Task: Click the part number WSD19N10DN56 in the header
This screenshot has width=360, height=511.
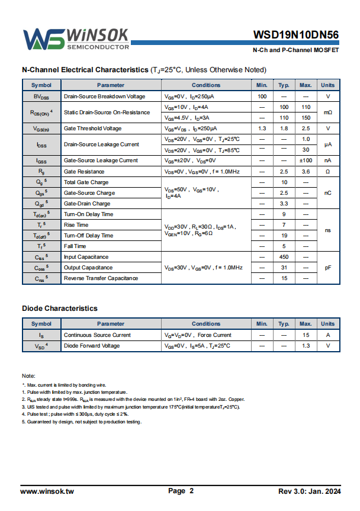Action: click(296, 35)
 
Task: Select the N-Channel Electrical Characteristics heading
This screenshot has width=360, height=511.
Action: click(85, 69)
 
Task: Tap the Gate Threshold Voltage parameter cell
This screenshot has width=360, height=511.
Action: click(92, 128)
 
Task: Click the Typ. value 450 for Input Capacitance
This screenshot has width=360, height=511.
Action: click(284, 257)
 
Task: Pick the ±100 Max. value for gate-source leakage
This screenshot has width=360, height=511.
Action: click(306, 160)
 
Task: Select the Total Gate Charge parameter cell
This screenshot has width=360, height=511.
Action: click(86, 182)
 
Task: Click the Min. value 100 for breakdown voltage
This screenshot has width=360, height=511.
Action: click(262, 97)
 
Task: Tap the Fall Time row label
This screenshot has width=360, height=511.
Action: click(75, 246)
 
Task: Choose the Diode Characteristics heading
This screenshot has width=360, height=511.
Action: click(60, 308)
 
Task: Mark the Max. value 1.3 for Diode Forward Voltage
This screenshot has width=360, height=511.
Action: click(306, 346)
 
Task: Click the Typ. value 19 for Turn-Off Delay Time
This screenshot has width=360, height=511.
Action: click(284, 236)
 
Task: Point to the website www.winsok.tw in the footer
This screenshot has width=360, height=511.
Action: click(47, 491)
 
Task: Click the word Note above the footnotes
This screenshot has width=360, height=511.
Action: click(28, 377)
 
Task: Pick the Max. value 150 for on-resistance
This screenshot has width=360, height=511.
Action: click(306, 118)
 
